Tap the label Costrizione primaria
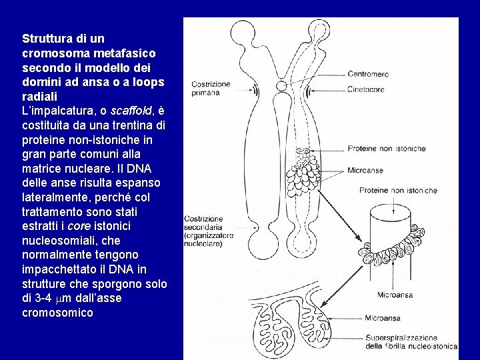pos(211,89)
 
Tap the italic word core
pos(79,227)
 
